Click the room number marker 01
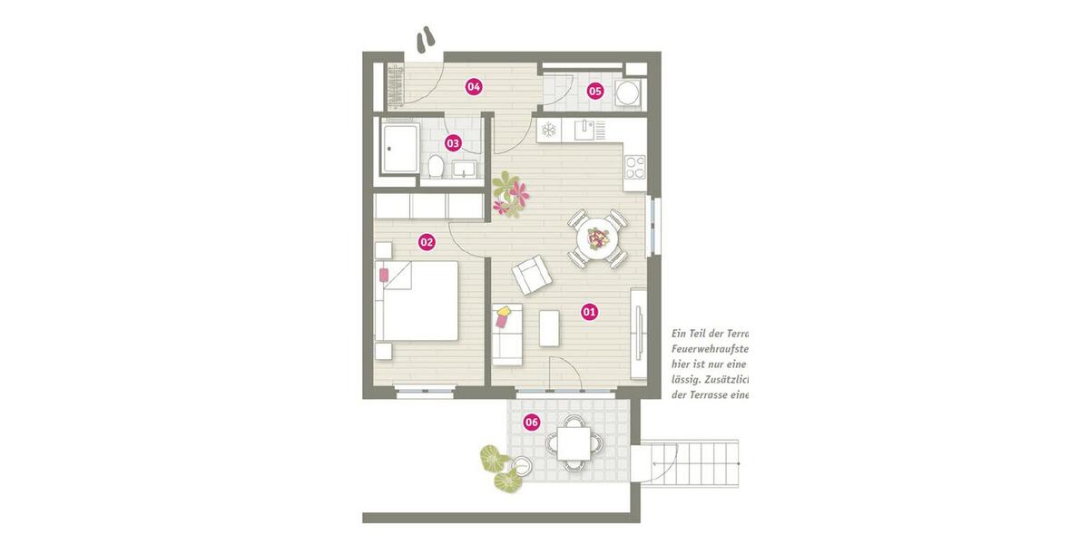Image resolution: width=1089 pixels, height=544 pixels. point(589,313)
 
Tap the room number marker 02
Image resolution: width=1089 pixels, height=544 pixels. point(426,242)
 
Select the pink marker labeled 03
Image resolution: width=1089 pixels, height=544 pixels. point(453,143)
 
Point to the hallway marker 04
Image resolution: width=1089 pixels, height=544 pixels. point(473,87)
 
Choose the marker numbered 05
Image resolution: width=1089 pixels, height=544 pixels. point(594,91)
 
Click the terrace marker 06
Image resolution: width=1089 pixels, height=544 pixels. point(532,422)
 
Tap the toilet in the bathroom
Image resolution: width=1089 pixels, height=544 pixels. point(437,167)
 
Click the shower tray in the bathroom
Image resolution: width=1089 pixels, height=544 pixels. point(400,150)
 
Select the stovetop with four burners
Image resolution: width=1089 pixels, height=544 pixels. point(634,167)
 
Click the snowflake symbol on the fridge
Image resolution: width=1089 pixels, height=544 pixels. point(549,131)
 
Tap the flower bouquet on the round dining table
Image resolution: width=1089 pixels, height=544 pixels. point(599,239)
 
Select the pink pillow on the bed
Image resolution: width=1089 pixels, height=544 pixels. point(384,274)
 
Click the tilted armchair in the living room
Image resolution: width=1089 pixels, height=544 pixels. point(531,275)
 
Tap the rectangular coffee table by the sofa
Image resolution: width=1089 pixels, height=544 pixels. point(549,328)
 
